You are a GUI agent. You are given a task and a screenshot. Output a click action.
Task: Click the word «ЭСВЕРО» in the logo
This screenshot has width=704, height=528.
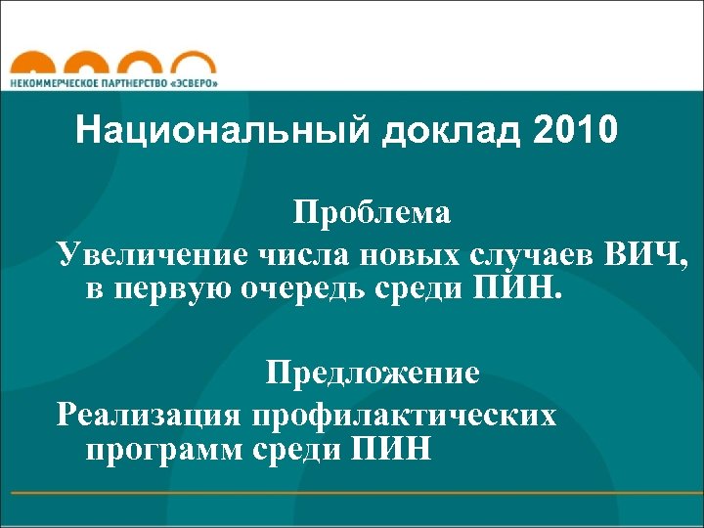pos(195,82)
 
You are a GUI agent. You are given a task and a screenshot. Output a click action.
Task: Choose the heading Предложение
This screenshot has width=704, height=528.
pos(372,373)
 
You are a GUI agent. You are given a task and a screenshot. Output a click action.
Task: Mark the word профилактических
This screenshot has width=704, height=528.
pos(405,415)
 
